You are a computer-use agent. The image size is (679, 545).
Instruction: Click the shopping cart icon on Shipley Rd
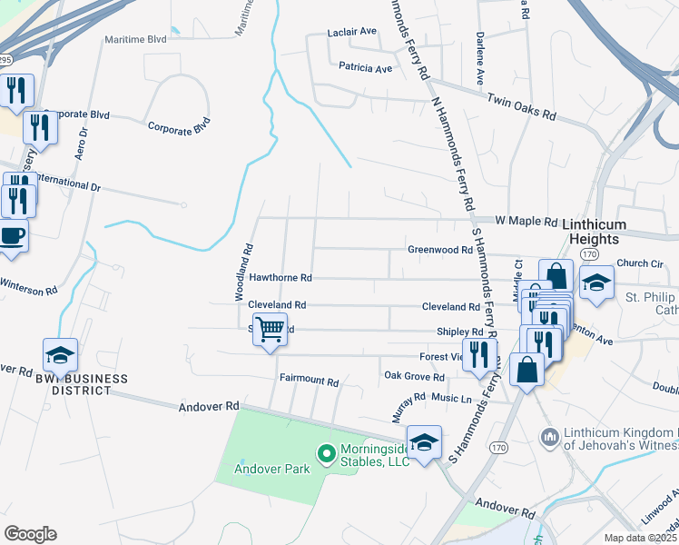pos(270,329)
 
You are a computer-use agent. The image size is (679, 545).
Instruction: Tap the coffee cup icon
pos(12,236)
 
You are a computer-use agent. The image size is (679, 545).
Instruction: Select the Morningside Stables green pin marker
pos(325,451)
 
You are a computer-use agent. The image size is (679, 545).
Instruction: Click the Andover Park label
pos(271,469)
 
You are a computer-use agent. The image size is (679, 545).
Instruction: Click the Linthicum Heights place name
pos(590,231)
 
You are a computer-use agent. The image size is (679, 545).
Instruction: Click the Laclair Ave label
pos(351,32)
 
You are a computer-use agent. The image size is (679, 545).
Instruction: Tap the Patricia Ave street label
pos(365,68)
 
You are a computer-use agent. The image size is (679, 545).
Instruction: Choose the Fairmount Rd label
pos(309,381)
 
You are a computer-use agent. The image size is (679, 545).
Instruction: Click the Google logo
pos(30,534)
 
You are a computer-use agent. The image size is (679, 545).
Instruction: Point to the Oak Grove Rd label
pos(414,376)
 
